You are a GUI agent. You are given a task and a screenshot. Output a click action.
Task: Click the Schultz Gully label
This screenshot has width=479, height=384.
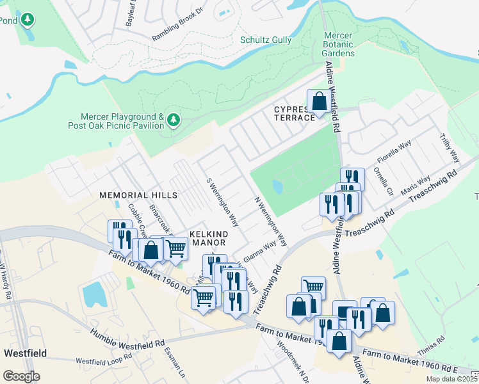265,40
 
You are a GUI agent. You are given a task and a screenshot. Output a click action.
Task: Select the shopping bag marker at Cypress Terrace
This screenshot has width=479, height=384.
318,102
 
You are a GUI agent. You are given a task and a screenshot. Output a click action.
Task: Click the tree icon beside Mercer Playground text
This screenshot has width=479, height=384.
173,120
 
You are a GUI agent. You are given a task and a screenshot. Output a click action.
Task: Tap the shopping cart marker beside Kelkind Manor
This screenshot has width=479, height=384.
175,247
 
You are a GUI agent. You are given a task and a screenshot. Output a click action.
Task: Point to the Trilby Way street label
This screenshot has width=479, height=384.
450,148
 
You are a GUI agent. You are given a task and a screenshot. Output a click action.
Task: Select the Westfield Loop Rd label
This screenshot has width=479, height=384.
102,360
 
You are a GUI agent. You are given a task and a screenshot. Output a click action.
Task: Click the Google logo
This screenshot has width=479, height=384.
21,376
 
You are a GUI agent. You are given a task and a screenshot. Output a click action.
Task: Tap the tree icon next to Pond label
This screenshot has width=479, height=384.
27,20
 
